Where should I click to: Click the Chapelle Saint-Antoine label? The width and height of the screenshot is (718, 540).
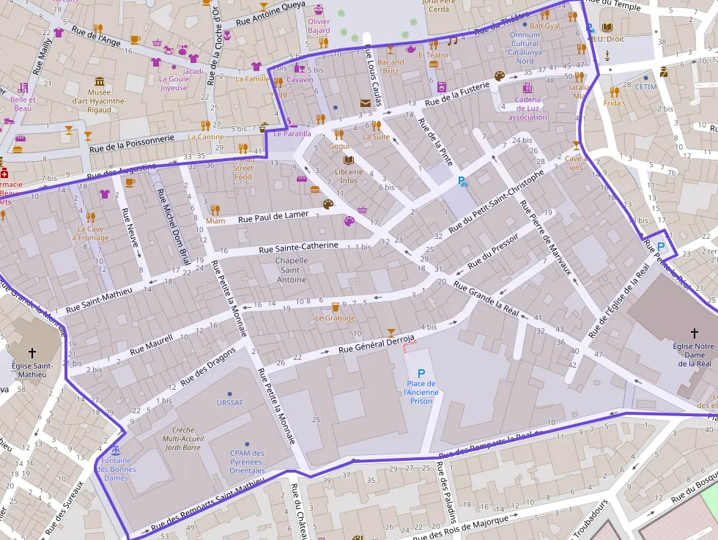point(291,270)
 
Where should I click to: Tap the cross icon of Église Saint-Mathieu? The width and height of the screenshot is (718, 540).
point(31,353)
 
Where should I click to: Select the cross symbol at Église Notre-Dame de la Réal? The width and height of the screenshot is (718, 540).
point(694,333)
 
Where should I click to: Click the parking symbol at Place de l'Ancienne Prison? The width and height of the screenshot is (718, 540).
point(421,373)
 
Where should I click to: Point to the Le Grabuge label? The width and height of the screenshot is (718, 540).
point(335,318)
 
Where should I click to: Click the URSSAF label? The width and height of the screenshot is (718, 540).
point(229,402)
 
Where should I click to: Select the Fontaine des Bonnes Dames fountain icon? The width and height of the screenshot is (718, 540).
point(114,449)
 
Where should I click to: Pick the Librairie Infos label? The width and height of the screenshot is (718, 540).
point(349,176)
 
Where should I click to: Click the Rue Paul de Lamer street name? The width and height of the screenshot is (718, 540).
point(273,216)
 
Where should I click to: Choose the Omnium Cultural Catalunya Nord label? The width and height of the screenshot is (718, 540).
point(525,48)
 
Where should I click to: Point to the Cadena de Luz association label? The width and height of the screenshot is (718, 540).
point(528,108)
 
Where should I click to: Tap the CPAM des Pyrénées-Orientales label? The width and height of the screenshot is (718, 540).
point(247,461)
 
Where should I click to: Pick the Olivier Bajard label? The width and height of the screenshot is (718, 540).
point(319,26)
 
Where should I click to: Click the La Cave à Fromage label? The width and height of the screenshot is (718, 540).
point(92,233)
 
